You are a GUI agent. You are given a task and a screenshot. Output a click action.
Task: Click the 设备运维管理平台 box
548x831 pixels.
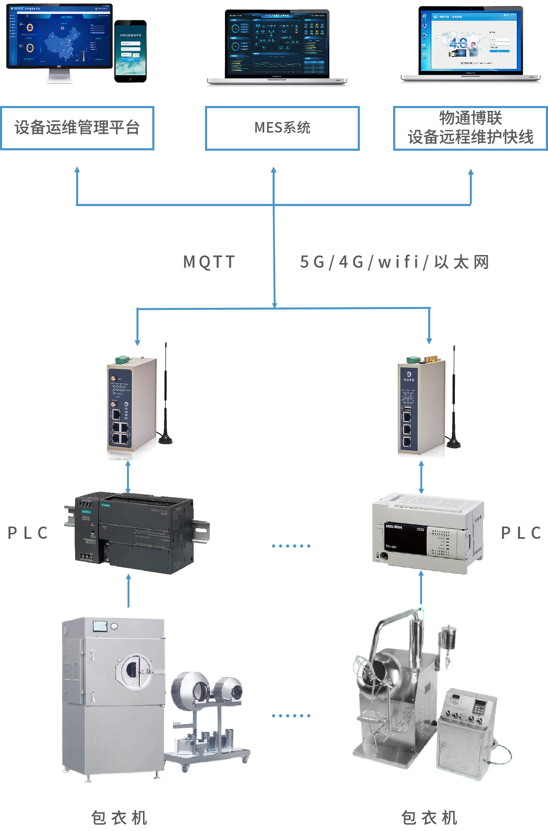tap(77, 128)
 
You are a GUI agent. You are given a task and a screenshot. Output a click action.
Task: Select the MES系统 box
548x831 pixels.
tap(282, 128)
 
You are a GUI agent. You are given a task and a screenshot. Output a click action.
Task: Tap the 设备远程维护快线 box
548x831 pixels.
tap(470, 128)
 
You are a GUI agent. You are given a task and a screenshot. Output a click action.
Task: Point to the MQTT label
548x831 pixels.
tap(209, 262)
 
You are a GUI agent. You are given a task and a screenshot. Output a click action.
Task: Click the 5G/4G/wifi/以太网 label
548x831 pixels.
tap(394, 262)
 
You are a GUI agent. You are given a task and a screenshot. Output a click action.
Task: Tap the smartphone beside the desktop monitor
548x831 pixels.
tap(130, 51)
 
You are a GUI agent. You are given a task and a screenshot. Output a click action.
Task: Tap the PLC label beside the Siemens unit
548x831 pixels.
tap(28, 533)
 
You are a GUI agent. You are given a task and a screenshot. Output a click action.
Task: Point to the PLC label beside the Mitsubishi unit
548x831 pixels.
tap(521, 533)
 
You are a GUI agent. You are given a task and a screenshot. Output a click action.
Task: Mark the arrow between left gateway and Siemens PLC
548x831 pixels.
tap(128, 476)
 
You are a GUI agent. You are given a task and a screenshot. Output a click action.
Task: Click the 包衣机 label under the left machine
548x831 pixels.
tap(119, 817)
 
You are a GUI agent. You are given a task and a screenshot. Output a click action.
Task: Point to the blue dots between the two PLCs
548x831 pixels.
tap(291, 546)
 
